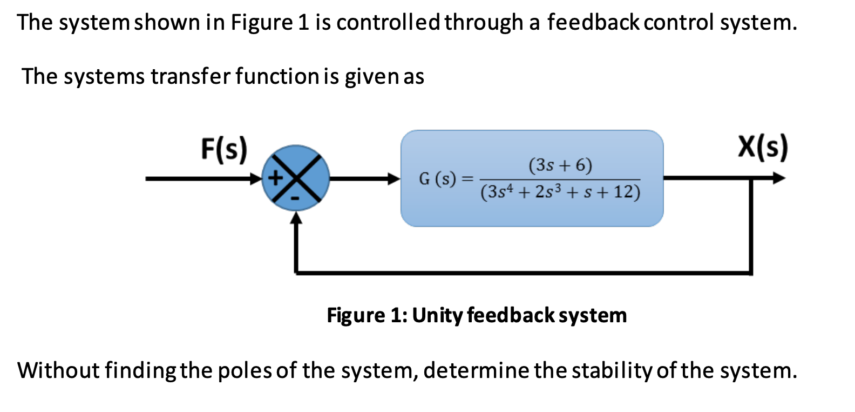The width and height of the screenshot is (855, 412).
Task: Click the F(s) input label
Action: [224, 149]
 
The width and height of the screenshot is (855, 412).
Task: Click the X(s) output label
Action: [763, 147]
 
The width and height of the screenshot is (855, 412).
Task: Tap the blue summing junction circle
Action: [295, 178]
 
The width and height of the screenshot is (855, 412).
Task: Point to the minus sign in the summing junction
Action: [295, 199]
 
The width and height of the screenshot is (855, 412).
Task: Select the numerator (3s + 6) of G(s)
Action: [560, 165]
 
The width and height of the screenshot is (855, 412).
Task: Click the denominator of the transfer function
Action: [560, 192]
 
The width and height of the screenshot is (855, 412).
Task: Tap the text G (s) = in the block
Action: [446, 178]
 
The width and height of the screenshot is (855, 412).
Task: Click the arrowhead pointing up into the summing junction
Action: [296, 217]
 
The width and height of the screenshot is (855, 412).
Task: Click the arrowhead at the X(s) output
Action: [778, 178]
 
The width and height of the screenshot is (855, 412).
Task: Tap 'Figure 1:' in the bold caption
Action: [367, 315]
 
